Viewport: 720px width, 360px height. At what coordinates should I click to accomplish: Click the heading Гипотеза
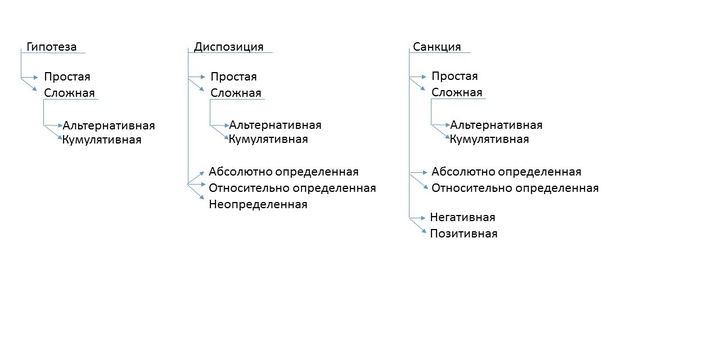[50, 46]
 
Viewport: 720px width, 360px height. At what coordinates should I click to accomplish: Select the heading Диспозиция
[228, 46]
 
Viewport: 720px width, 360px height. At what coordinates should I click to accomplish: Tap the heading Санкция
[436, 46]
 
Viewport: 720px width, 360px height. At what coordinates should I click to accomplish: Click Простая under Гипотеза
[67, 76]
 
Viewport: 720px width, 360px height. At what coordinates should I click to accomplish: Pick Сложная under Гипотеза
[69, 93]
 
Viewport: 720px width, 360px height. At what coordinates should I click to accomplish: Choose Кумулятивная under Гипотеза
[102, 140]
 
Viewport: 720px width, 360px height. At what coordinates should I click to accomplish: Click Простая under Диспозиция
[233, 76]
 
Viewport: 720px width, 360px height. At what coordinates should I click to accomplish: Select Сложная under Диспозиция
[235, 93]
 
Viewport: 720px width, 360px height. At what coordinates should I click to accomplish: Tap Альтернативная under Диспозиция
[275, 126]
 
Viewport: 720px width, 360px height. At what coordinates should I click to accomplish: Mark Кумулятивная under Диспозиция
[268, 140]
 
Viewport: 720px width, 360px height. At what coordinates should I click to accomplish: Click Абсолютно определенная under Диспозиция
[283, 171]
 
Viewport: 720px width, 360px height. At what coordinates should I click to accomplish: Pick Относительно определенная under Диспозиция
[292, 187]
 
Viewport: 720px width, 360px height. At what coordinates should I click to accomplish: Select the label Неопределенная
[258, 205]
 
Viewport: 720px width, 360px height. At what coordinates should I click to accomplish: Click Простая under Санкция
[454, 76]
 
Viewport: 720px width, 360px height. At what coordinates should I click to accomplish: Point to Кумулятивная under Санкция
[489, 140]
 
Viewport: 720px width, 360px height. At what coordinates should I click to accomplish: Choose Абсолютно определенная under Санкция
[505, 171]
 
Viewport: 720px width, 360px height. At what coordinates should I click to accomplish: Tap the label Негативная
[463, 217]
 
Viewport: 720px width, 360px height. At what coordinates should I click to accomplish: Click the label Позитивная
[464, 234]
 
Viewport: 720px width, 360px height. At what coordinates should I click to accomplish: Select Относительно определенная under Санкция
[514, 187]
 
